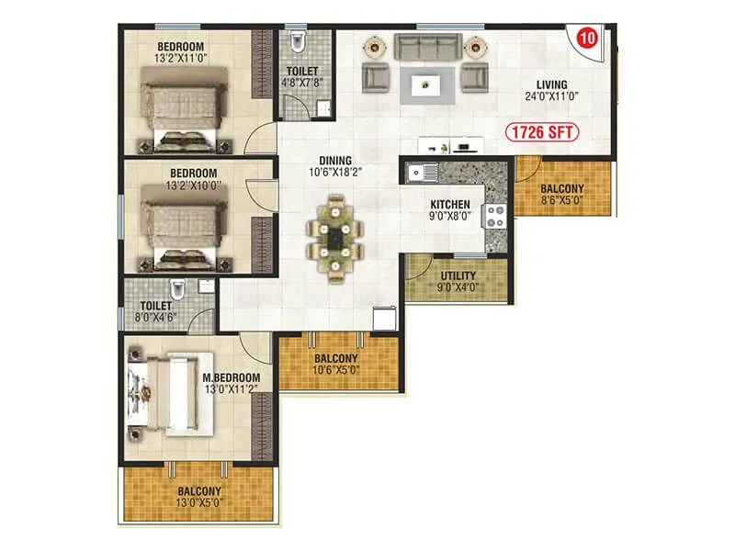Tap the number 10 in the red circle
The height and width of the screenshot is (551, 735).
point(585,39)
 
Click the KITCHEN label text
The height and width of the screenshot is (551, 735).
point(450,205)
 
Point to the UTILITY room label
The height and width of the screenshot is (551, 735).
point(457,275)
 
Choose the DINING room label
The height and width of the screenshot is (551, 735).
point(335,161)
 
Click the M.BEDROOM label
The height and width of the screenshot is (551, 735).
point(232,377)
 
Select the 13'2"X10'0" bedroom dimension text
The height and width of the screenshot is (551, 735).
point(193,186)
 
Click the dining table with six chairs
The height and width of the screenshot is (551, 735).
point(334,235)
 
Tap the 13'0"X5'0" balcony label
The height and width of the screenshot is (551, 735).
point(199,496)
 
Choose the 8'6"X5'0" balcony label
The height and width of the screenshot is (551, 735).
point(562,195)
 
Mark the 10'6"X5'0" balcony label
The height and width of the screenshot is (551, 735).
point(337,365)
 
